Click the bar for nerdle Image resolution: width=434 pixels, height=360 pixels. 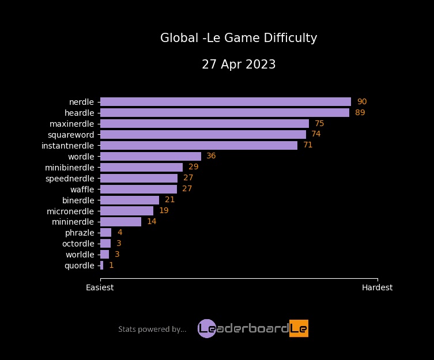point(225,101)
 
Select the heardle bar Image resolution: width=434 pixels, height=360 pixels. point(225,112)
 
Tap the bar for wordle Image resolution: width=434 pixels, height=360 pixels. point(150,156)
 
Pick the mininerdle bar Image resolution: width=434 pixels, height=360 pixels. point(120,222)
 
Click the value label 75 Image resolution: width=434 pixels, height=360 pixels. point(319,123)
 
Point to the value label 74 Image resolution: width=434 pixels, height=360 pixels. point(316,134)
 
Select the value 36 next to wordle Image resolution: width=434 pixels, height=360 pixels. point(211,156)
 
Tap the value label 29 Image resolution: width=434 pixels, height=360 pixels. point(193,167)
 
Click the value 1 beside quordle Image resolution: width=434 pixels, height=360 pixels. point(111,266)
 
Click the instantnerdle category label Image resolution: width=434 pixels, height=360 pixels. point(67,145)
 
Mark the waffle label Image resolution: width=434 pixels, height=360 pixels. point(82,189)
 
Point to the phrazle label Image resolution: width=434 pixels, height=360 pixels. point(80,233)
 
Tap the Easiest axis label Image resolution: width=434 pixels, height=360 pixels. point(100,287)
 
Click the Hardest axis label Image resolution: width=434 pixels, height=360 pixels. point(377,287)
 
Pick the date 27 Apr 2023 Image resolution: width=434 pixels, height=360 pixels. point(239,65)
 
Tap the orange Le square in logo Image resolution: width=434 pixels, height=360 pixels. point(299,328)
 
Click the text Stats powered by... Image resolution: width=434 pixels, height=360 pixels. point(152,329)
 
